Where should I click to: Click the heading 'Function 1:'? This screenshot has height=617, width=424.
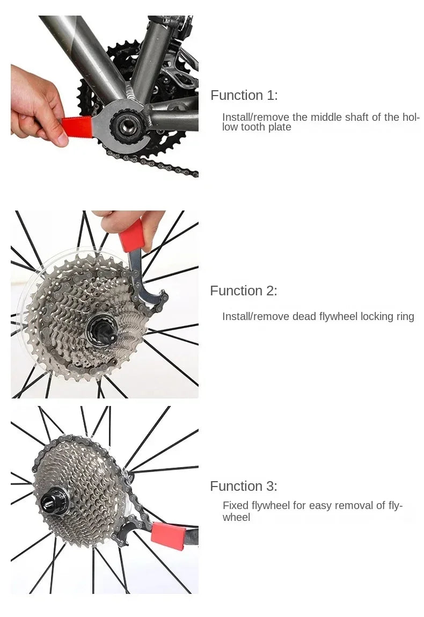[244, 96]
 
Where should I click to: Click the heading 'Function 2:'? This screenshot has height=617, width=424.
[244, 291]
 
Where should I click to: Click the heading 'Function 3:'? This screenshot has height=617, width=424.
[244, 487]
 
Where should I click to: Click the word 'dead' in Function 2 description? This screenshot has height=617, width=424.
[304, 317]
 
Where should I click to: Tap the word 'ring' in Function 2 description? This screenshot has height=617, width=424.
[405, 317]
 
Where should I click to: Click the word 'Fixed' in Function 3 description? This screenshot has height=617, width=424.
[235, 506]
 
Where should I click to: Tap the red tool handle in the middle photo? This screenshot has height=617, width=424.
[131, 236]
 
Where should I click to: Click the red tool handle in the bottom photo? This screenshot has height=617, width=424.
[169, 534]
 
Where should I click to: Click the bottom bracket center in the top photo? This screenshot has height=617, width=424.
[127, 127]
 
